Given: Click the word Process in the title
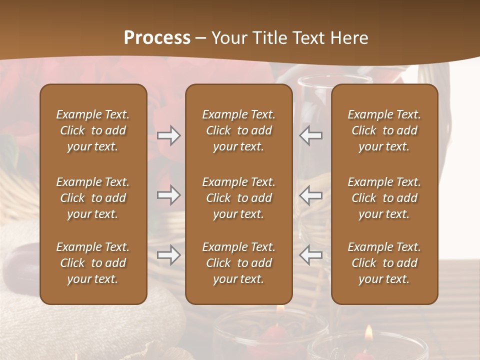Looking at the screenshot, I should click(x=157, y=38).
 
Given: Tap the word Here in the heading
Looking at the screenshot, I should click(x=349, y=38).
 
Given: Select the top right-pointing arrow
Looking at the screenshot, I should click(x=169, y=135).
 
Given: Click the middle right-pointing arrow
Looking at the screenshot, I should click(x=169, y=195).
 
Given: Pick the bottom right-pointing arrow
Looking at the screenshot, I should click(x=169, y=255).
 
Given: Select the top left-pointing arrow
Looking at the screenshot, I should click(x=310, y=135).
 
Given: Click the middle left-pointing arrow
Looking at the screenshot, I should click(x=310, y=195).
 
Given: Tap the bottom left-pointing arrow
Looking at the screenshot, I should click(x=310, y=255).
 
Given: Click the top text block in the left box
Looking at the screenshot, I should click(x=93, y=130).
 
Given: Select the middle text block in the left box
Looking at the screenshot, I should click(x=93, y=198).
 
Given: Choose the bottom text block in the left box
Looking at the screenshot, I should click(x=93, y=263).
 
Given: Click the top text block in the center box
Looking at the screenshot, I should click(x=238, y=130).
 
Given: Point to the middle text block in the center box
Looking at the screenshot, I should click(x=238, y=198).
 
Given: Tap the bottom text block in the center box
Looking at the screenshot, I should click(x=238, y=263).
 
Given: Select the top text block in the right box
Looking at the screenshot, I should click(x=384, y=130).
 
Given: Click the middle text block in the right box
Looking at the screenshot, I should click(x=384, y=198).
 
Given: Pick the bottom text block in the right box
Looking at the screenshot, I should click(x=384, y=263).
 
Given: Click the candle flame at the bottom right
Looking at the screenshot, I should click(x=368, y=332).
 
